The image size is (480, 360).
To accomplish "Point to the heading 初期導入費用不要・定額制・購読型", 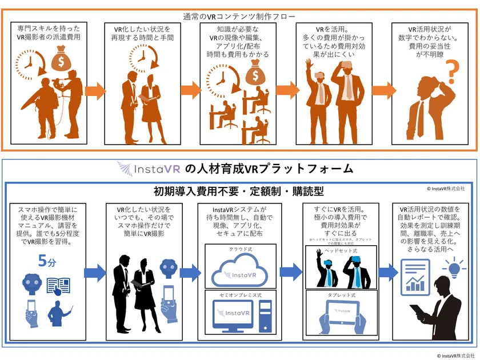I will [x=239, y=190].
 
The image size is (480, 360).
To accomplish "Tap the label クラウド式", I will [x=239, y=250].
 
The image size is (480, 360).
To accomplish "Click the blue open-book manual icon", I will [x=59, y=285].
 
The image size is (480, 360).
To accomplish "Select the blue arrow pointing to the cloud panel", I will [x=193, y=272].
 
